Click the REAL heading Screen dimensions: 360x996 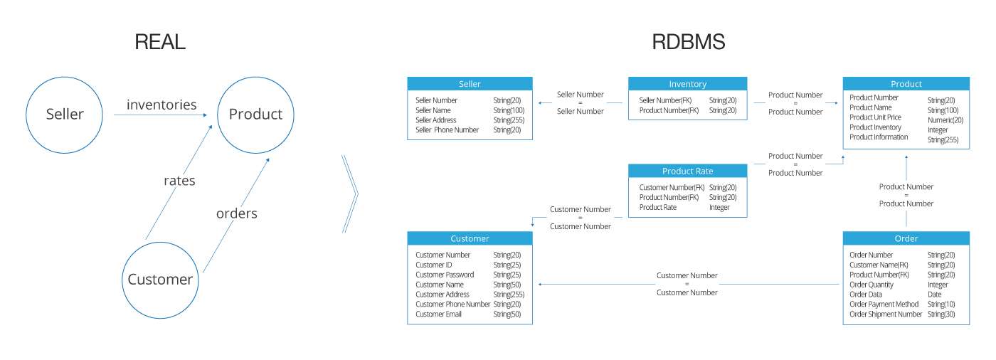point(160,42)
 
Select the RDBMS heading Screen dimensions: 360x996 point(688,42)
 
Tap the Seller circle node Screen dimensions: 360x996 point(65,114)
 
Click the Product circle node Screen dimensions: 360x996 point(255,114)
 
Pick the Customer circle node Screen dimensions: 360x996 point(160,280)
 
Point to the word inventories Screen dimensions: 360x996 point(161,105)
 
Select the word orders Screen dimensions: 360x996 point(236,213)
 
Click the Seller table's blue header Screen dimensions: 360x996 point(470,84)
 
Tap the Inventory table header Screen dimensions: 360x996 point(687,84)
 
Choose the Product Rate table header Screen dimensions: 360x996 point(687,171)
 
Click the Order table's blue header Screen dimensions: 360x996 point(906,238)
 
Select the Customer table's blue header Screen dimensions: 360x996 point(470,238)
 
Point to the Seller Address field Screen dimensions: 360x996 point(435,120)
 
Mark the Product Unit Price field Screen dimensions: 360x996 point(875,117)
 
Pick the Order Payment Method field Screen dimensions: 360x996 point(884,304)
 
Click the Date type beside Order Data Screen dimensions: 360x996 point(934,295)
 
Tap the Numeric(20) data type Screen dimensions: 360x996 point(945,120)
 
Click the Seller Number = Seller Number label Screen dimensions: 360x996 point(580,102)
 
